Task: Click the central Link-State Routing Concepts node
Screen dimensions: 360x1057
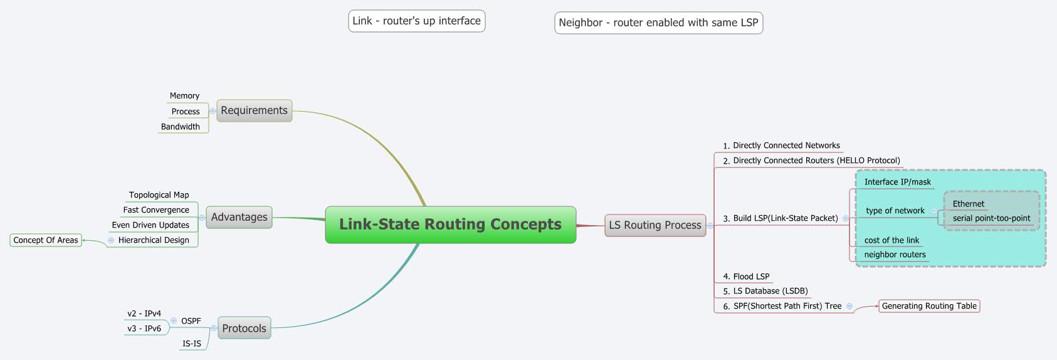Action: [x=450, y=225]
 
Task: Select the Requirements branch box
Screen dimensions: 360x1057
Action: [x=254, y=110]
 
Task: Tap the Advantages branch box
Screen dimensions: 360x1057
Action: [x=239, y=217]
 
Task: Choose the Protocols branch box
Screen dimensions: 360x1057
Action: [x=244, y=328]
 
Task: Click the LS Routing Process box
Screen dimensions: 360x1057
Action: [x=655, y=225]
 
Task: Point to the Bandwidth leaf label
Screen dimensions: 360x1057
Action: [x=181, y=127]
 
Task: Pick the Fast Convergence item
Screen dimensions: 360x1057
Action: [x=156, y=210]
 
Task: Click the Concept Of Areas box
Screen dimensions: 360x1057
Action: [x=46, y=240]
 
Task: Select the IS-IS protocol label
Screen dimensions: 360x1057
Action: [x=192, y=344]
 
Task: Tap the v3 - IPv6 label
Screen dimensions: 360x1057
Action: [x=144, y=329]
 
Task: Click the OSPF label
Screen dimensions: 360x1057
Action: [x=191, y=321]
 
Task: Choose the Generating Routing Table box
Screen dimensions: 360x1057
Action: [x=929, y=306]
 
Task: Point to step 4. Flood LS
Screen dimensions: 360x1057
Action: [x=746, y=277]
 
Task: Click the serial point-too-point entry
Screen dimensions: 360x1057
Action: [x=991, y=218]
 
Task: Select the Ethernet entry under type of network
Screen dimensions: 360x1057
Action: [x=969, y=204]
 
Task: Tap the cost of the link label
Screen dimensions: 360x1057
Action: [x=891, y=240]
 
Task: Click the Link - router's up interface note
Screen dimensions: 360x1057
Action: [x=416, y=21]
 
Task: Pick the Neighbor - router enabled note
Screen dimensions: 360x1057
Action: [x=658, y=23]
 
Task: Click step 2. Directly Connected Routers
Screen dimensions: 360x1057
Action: [x=811, y=161]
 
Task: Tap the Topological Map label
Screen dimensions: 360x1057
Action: [x=159, y=195]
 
